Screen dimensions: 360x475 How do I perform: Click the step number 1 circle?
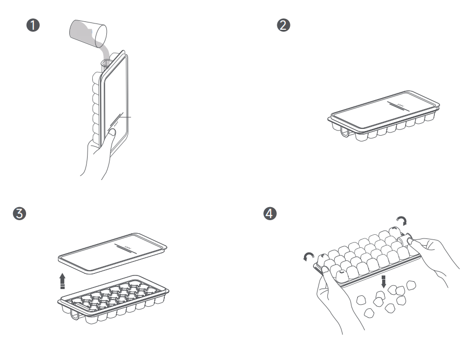35,26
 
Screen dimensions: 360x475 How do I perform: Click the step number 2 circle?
284,26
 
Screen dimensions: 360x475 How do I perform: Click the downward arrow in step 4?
384,281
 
